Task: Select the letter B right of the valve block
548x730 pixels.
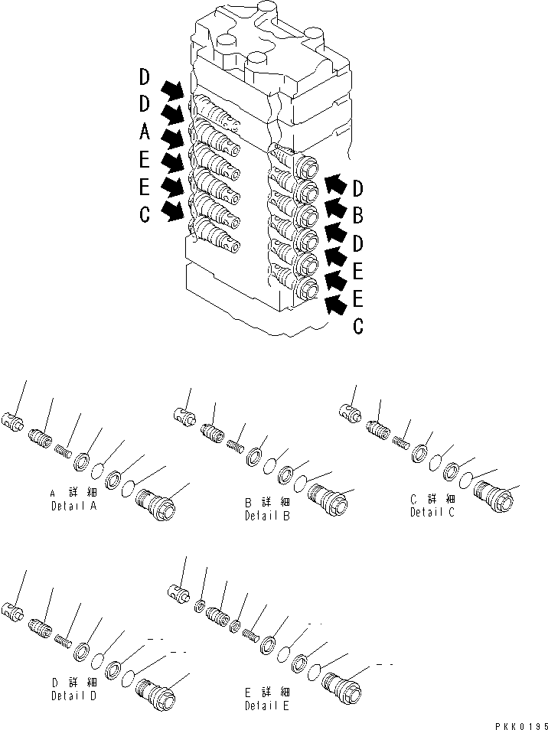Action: tap(357, 216)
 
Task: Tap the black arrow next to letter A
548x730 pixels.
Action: tap(175, 138)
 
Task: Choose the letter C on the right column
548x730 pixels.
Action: tap(357, 327)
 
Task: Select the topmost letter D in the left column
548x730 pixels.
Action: tap(145, 77)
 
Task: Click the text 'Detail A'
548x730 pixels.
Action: tap(73, 507)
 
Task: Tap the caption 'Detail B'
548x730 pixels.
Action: tap(267, 516)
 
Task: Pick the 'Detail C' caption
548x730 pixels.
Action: tap(432, 512)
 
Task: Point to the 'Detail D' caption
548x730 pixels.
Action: tap(73, 696)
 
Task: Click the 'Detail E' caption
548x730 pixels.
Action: tap(267, 706)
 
